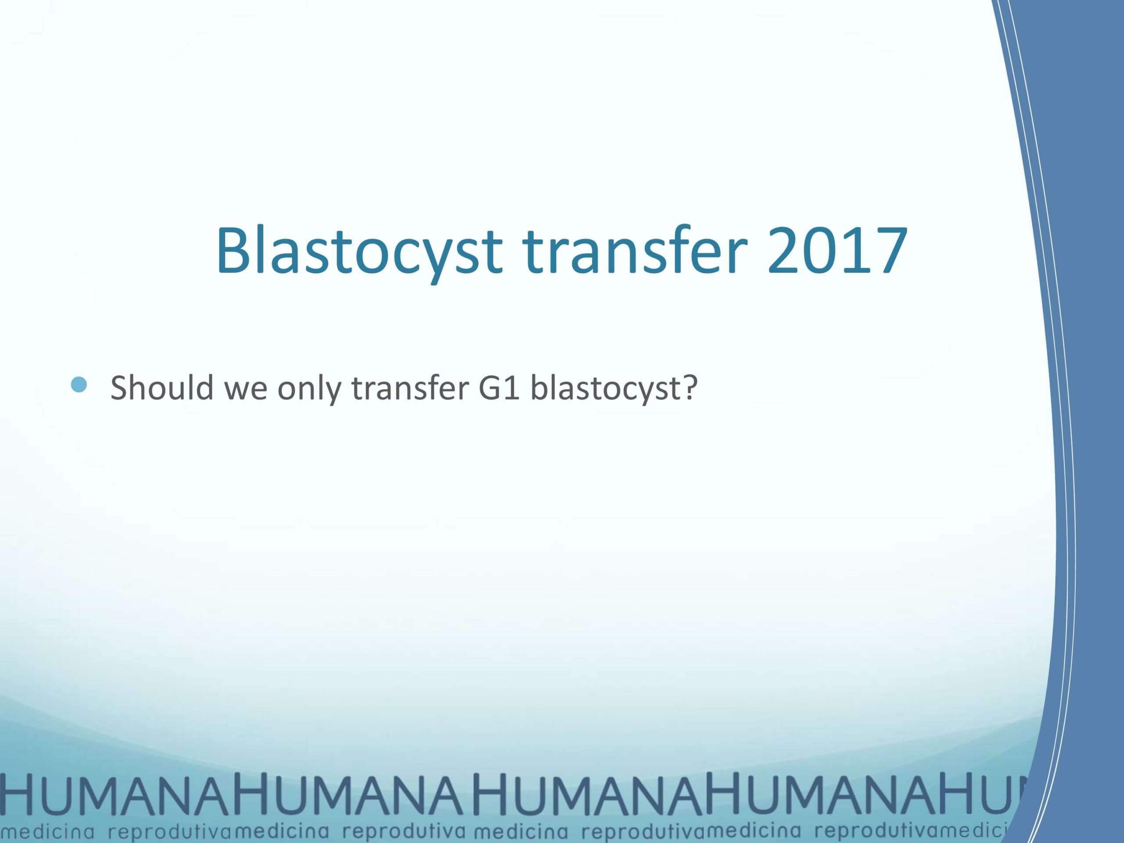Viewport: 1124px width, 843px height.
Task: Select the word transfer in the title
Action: pyautogui.click(x=630, y=251)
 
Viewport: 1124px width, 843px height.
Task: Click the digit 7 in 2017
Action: pyautogui.click(x=889, y=251)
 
